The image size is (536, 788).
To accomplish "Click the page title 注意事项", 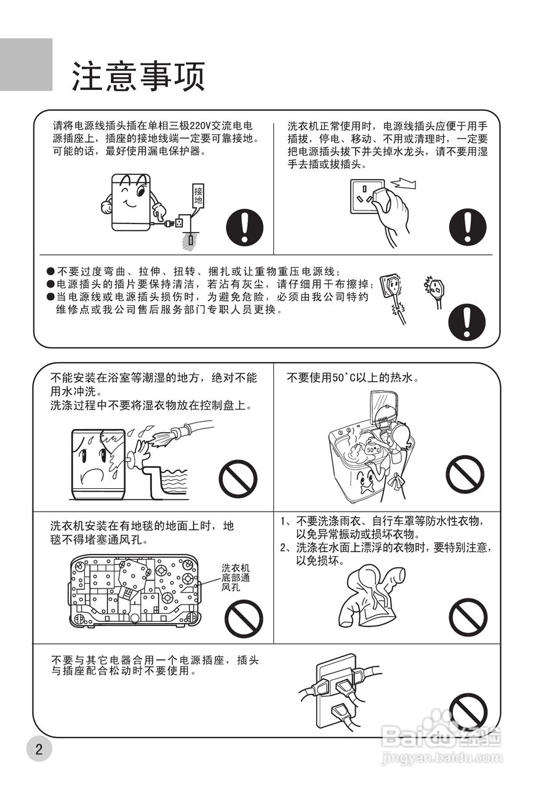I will click(138, 76).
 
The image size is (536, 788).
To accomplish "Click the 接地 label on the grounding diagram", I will click(198, 196).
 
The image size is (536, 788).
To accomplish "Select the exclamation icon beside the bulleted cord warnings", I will click(467, 321).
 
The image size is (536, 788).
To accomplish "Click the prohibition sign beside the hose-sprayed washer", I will click(238, 478).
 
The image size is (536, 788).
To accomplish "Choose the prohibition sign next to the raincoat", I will click(468, 617).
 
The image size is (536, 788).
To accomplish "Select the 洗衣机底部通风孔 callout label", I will click(235, 577).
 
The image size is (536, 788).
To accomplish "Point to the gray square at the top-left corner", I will click(26, 65).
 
